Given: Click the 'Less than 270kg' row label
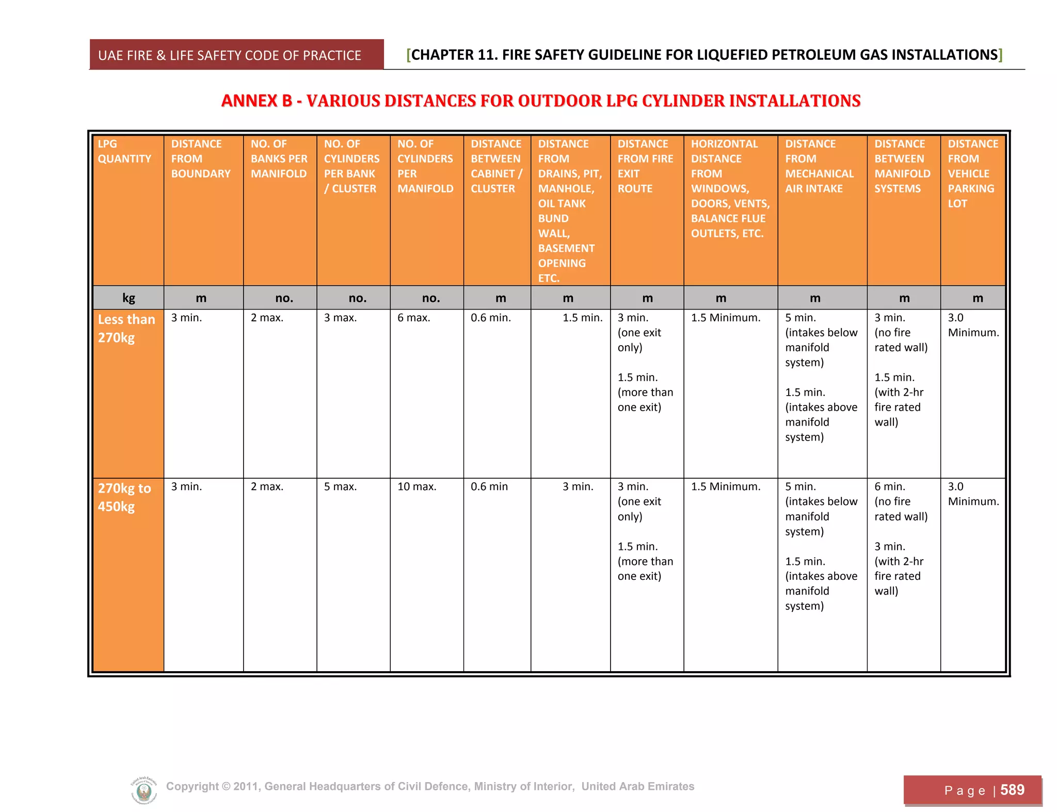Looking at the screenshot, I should coord(126,328).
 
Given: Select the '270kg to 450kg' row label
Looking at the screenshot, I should coord(124,497).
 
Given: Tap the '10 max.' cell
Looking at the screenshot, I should coord(417,486).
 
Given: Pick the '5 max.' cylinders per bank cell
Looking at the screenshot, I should coord(340,486).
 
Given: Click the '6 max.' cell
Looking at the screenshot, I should coord(413,318).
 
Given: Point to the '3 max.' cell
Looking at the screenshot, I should coord(340,318).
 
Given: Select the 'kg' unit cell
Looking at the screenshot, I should coord(129,298).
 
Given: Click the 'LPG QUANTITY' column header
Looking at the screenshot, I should coord(124,151).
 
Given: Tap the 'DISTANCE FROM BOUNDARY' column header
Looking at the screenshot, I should coord(201,158).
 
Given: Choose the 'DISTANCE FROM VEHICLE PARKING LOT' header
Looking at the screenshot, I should coord(972,173).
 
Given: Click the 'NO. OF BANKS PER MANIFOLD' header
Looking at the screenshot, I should coord(279,158).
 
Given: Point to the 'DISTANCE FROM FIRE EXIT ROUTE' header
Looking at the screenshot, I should coord(645,166).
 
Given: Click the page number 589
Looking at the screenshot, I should coord(1012,790).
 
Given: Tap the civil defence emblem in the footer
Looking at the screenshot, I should coord(144,790).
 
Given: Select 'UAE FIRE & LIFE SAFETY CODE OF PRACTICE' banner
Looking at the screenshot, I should coord(230,55).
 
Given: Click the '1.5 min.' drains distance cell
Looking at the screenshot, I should coord(582,318).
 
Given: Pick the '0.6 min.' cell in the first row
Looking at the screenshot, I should coord(490,318).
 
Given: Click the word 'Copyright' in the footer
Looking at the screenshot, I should coord(192,786).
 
